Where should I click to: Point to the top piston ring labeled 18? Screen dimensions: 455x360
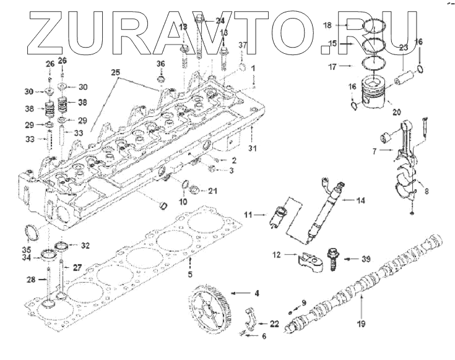pyautogui.click(x=375, y=27)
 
